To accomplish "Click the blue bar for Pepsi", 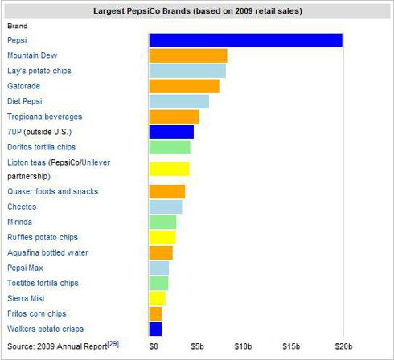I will click(245, 40).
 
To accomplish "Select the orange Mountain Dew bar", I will click(188, 55).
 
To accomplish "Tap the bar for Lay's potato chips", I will click(187, 71).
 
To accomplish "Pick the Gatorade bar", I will click(184, 86).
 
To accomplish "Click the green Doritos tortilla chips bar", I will click(170, 147).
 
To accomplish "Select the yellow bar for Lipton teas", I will click(169, 169).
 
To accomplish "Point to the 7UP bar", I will click(171, 132).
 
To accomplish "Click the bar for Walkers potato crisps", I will click(155, 329).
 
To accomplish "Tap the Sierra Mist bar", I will click(157, 298).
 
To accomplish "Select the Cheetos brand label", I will click(22, 207).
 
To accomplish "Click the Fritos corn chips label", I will click(36, 313).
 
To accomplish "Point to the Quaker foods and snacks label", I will click(52, 191).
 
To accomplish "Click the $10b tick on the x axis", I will click(242, 346).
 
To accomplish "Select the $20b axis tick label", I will click(343, 346).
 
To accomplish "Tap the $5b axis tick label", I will click(197, 346).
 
